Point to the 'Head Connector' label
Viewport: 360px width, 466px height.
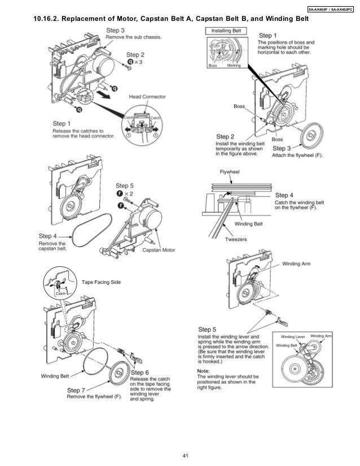click(x=148, y=97)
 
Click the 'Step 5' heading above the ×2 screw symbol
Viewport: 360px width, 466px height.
click(x=125, y=185)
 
